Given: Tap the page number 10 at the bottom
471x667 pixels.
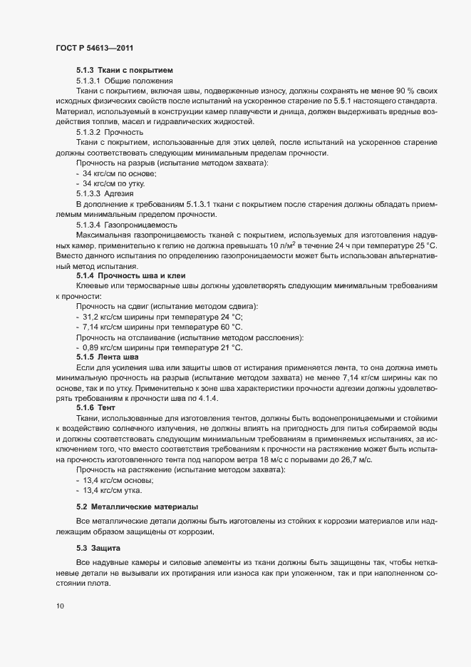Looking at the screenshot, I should (x=60, y=607).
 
